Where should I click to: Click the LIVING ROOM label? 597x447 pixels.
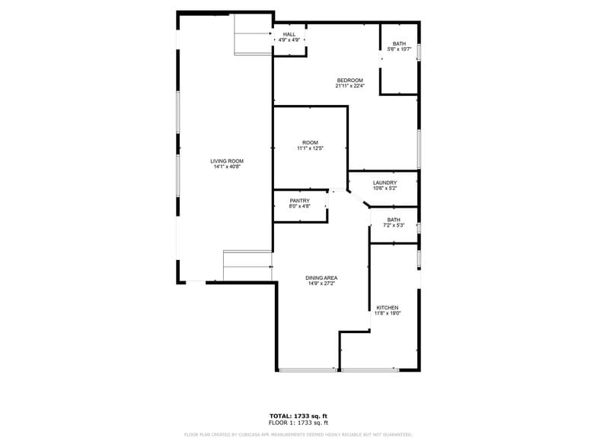pos(227,161)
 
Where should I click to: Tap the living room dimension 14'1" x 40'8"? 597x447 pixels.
pos(227,167)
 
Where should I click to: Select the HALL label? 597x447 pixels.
pos(289,34)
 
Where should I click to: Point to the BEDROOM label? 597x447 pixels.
pos(350,80)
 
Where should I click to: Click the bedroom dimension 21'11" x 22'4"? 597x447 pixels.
pos(350,86)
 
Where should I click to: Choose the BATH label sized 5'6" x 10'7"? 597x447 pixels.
pos(399,43)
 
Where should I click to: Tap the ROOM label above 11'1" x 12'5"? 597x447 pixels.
pos(310,142)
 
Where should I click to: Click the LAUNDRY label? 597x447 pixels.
pos(385,182)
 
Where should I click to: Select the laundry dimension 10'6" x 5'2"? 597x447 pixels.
pos(385,189)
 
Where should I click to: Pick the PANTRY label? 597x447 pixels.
pos(299,201)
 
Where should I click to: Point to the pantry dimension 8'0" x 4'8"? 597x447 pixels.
pos(299,207)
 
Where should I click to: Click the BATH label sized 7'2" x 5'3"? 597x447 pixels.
pos(393,220)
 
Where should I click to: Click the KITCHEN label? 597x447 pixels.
pos(387,307)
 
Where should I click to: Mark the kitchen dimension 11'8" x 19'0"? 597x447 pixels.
pos(387,313)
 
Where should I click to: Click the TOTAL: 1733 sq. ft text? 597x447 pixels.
pos(298,416)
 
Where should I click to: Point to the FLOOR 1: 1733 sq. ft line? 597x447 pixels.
pos(298,422)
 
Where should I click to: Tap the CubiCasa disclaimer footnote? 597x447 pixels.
pos(298,434)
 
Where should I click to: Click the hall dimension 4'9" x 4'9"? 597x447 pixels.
pos(289,40)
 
